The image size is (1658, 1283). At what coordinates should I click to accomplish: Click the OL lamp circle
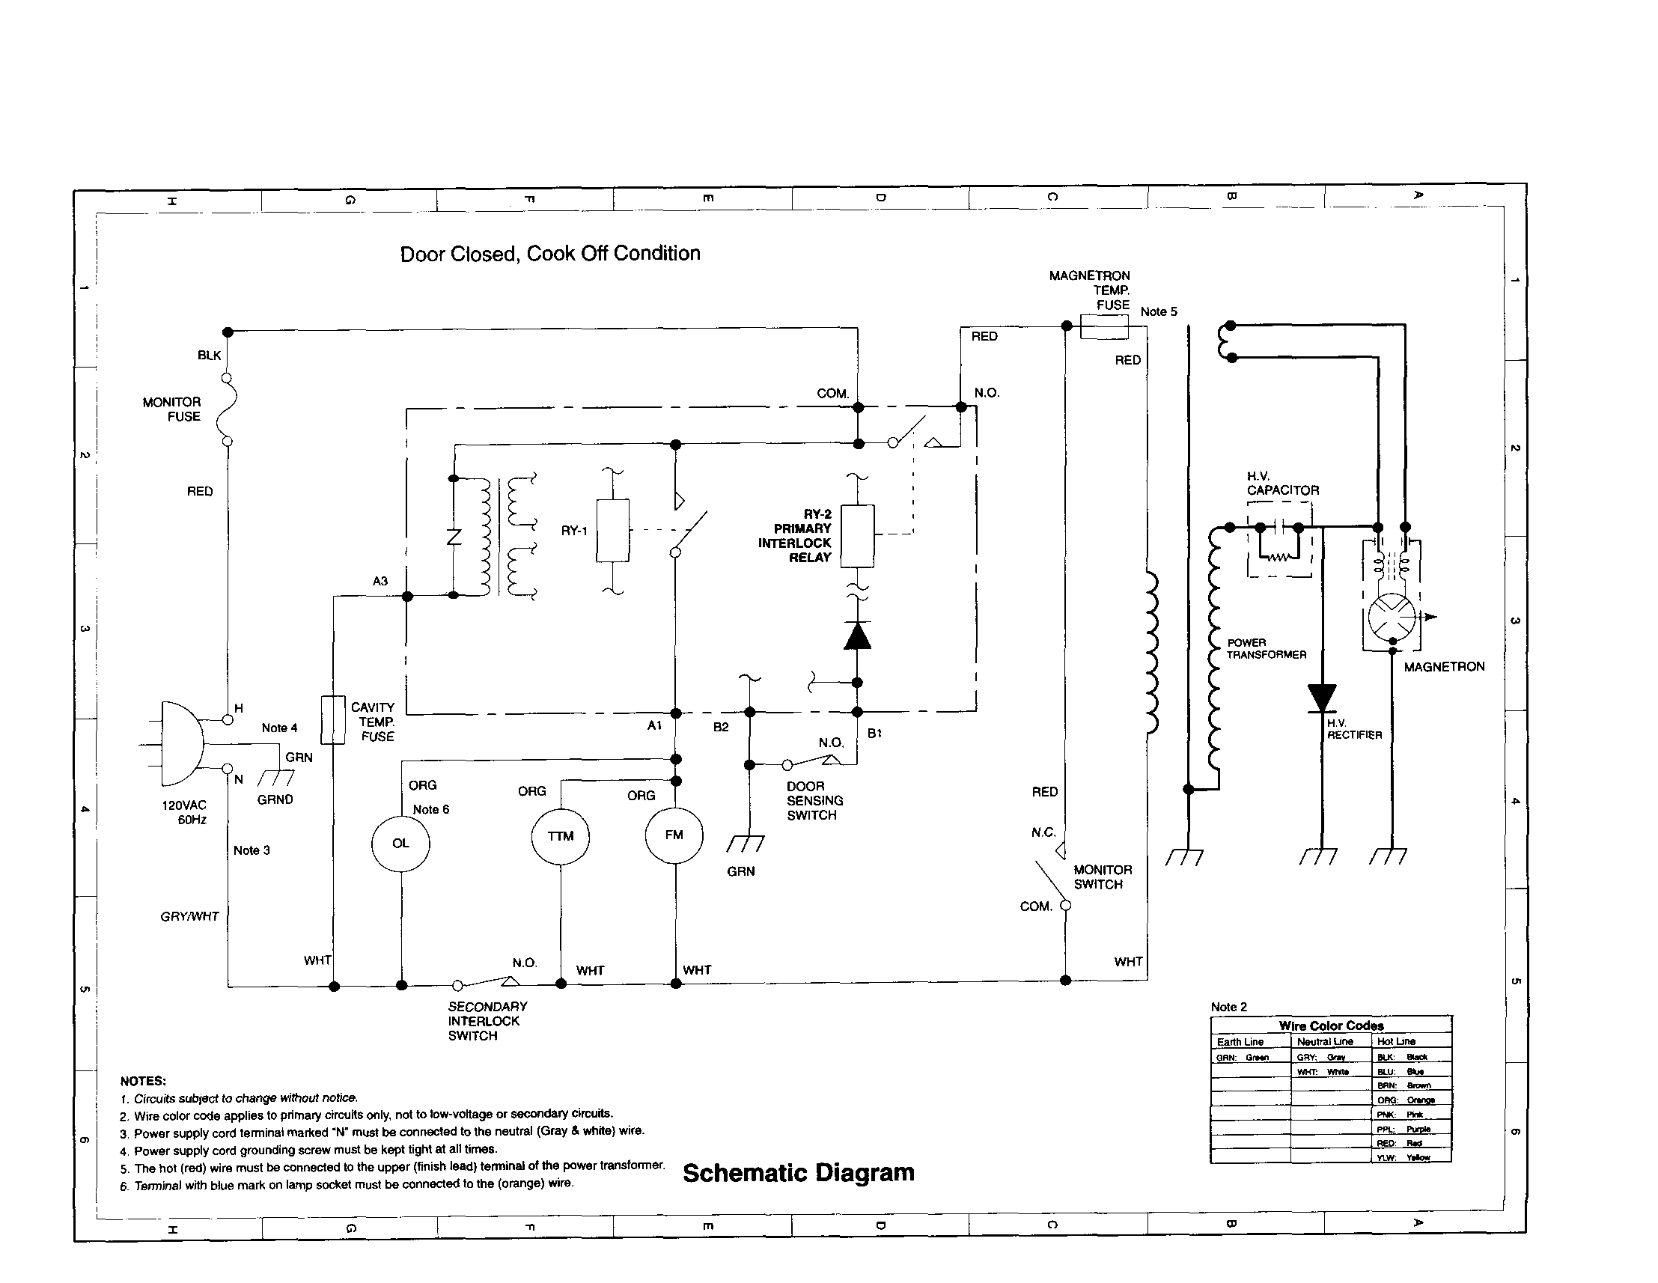coord(400,844)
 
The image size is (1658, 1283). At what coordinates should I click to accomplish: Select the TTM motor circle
coord(560,837)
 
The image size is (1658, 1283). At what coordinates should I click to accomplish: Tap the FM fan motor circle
coord(674,835)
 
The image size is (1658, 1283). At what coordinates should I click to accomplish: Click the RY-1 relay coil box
coord(612,531)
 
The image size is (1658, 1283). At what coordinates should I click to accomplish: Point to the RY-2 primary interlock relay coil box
coord(857,536)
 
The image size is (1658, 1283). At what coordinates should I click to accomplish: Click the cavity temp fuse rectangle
coord(332,719)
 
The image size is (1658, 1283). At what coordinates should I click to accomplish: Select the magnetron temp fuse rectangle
coord(1104,327)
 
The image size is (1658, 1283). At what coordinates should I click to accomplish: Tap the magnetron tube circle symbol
coord(1392,617)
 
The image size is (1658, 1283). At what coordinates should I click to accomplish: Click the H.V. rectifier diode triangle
coord(1322,698)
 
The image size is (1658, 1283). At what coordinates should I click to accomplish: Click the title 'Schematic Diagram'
coord(798,1173)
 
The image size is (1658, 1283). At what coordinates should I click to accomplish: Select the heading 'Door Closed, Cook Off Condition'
coord(549,254)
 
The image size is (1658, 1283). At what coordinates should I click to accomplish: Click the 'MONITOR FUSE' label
coord(172,409)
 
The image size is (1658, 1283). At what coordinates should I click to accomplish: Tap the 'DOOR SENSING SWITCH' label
coord(814,801)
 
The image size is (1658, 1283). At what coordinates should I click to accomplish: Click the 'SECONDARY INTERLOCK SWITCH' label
coord(487,1021)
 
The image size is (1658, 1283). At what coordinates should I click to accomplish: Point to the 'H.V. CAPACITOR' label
coord(1282,484)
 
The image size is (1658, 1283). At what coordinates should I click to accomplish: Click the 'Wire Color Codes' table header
coord(1331,1026)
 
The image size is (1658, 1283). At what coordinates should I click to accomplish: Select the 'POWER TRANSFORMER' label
coord(1266,648)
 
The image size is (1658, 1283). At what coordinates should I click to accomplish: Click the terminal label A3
coord(380,582)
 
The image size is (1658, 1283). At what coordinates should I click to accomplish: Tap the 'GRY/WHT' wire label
coord(189,917)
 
